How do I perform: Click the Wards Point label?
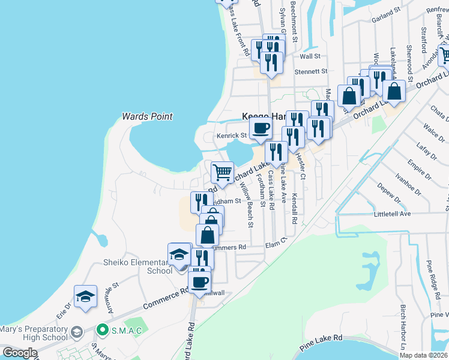click(x=147, y=116)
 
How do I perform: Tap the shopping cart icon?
click(x=222, y=172)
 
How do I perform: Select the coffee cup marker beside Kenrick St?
click(x=261, y=128)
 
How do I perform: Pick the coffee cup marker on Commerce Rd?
click(x=200, y=281)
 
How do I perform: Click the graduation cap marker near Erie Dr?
click(x=86, y=296)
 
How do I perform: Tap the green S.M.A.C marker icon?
click(x=103, y=329)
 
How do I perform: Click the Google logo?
click(x=20, y=353)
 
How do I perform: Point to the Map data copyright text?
click(x=424, y=355)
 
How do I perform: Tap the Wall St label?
click(x=310, y=56)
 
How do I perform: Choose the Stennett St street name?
click(x=310, y=71)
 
